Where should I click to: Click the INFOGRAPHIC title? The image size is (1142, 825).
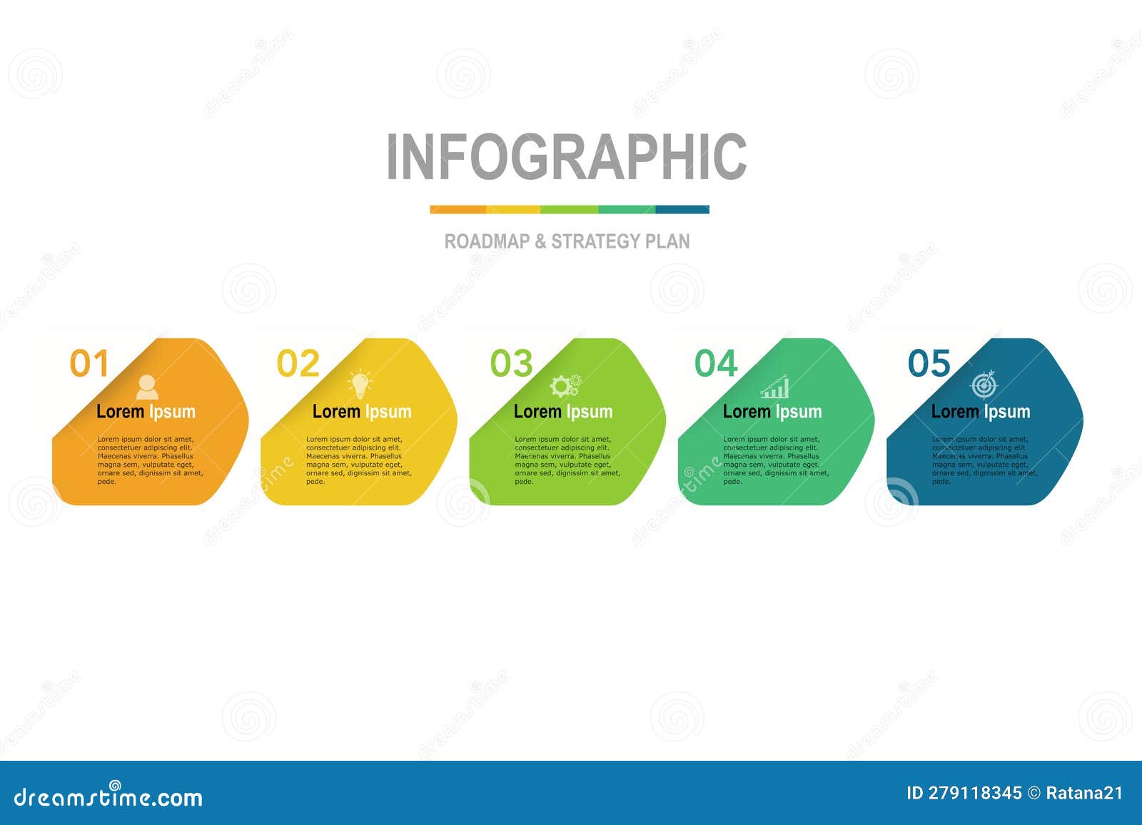coord(567,157)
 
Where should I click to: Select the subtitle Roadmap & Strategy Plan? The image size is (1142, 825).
coord(567,241)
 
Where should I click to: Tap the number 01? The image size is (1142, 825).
coord(89,364)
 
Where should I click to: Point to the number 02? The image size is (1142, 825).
coord(298,364)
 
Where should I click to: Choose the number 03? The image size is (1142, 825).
coord(511,364)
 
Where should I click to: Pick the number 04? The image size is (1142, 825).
coord(716,364)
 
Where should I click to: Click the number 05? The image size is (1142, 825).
coord(929,364)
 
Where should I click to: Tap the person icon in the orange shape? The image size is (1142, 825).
coord(147,387)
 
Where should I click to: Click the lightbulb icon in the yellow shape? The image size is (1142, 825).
coord(360,385)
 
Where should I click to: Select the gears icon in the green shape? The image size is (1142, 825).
coord(565,386)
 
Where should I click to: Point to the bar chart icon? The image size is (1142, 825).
coord(774,388)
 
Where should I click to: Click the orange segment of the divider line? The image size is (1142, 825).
coord(458,210)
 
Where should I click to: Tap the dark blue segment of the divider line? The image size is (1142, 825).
coord(682,210)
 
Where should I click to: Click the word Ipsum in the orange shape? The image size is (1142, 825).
coord(172,412)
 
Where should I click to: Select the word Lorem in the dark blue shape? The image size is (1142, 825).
coord(955,412)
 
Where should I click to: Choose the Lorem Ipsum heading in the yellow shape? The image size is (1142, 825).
coord(362,412)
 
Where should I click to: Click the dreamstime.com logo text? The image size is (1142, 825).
coord(108,796)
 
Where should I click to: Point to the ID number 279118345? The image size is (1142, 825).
coord(974,793)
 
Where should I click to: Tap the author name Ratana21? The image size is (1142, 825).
coord(1083,793)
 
